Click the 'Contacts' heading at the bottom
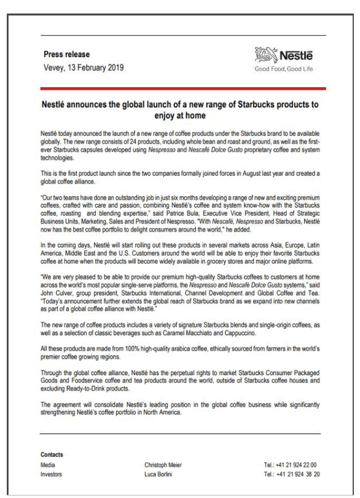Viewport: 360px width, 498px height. tap(52, 455)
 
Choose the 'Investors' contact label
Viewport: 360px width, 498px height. tap(52, 475)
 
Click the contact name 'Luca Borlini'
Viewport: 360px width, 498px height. tap(151, 475)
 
